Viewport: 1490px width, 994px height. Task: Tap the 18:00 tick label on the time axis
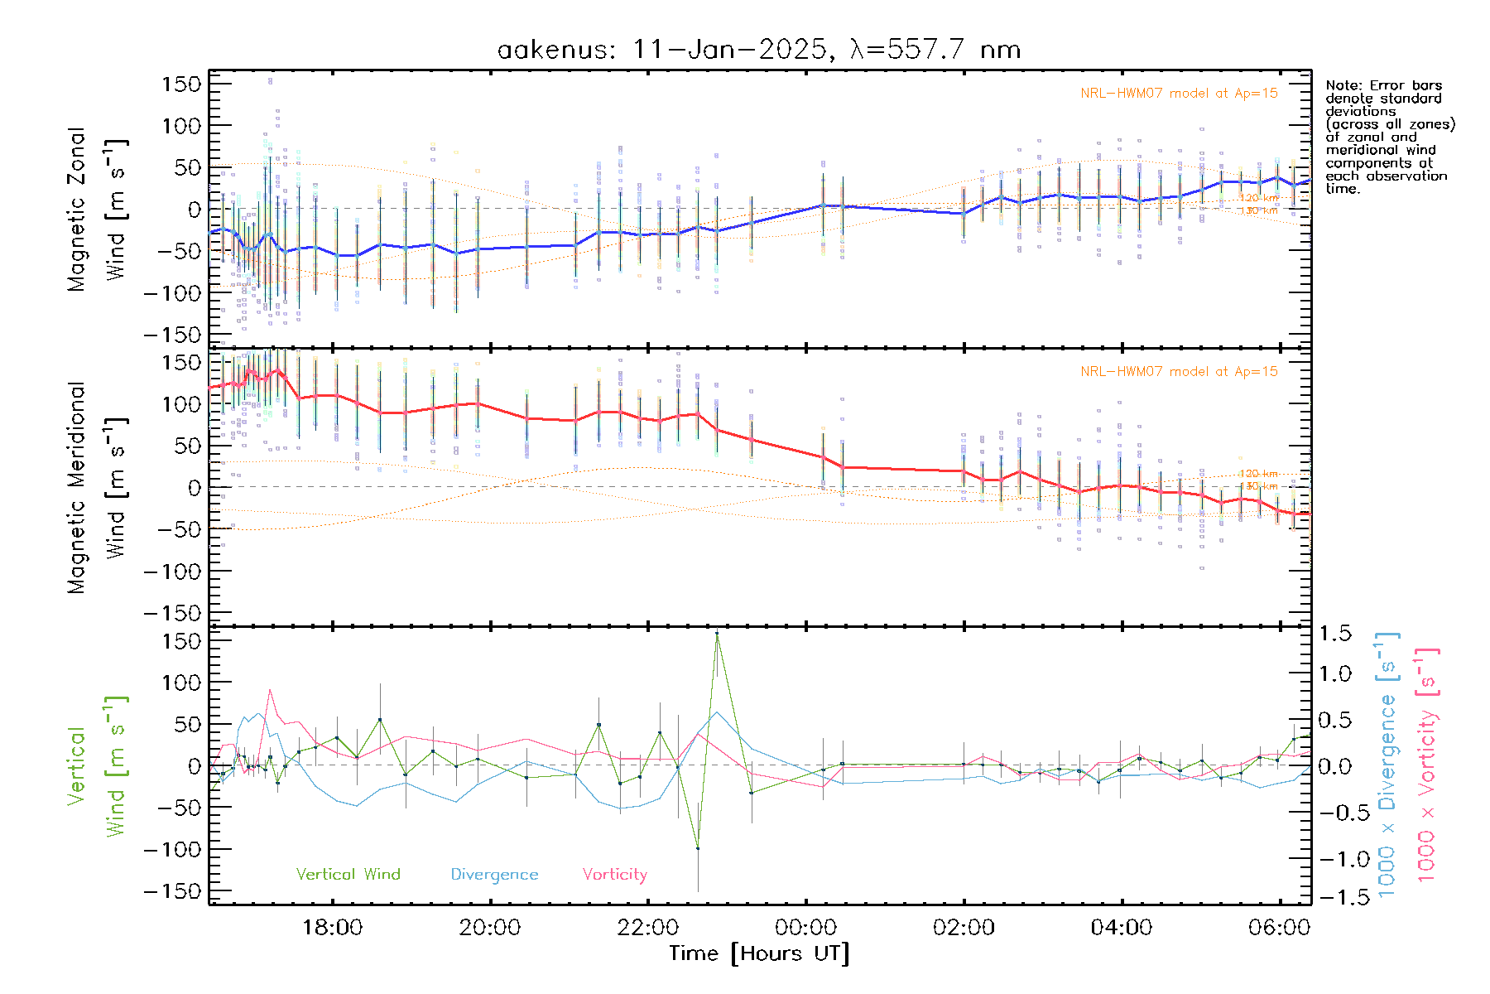[332, 927]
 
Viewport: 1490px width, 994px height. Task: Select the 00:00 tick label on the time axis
[805, 927]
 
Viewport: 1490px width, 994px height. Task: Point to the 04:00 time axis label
[1121, 927]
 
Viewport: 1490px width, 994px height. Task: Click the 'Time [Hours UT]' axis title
[759, 953]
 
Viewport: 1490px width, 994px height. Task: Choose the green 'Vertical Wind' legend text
[348, 874]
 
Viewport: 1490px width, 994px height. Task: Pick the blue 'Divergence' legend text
[494, 875]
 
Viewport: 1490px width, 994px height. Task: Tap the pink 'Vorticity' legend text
[614, 874]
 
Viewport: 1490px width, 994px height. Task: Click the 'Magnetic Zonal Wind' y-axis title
[98, 210]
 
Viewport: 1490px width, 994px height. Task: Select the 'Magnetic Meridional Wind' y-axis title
[98, 488]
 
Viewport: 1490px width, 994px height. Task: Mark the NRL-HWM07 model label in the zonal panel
[1179, 94]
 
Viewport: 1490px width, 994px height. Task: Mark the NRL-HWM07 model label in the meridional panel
[1179, 372]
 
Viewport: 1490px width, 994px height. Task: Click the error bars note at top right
[1389, 137]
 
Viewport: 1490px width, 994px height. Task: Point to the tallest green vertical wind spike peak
[717, 633]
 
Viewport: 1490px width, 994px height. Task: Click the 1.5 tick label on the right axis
[1334, 634]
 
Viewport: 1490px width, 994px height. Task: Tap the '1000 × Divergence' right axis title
[1387, 766]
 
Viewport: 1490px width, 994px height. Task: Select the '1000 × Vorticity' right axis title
[1426, 766]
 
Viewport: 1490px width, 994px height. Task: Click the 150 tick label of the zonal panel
[181, 84]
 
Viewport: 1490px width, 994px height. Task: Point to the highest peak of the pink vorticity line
[270, 690]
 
